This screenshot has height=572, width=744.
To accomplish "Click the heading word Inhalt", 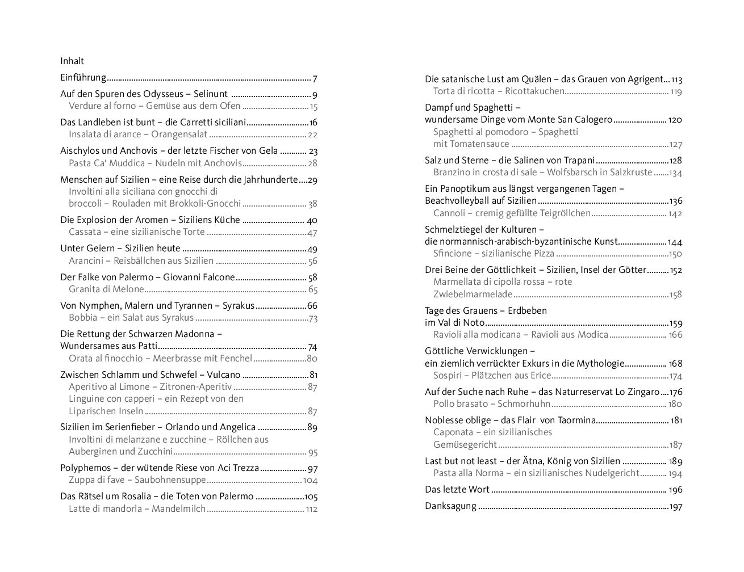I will pyautogui.click(x=72, y=61).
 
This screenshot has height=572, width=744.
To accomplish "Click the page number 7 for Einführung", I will pyautogui.click(x=315, y=78).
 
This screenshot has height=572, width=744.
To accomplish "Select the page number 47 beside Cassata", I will pyautogui.click(x=312, y=233).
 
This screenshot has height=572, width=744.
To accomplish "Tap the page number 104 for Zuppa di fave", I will pyautogui.click(x=310, y=481).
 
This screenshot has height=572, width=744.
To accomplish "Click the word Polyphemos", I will pyautogui.click(x=85, y=468).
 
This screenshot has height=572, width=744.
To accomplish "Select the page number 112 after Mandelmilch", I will pyautogui.click(x=311, y=510).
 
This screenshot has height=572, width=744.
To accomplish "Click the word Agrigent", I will pyautogui.click(x=646, y=79).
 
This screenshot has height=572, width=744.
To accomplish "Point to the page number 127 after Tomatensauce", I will pyautogui.click(x=675, y=145).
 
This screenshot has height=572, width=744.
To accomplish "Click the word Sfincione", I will pyautogui.click(x=452, y=254).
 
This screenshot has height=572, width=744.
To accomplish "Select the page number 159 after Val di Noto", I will pyautogui.click(x=675, y=323).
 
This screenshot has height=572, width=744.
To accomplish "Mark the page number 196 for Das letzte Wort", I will pyautogui.click(x=675, y=490).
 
